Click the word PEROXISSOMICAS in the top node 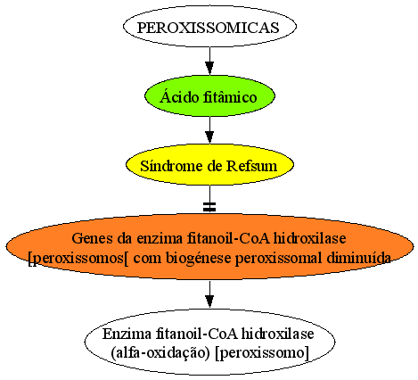(208, 28)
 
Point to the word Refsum (252, 166)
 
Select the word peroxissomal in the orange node (278, 259)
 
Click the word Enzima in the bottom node (127, 334)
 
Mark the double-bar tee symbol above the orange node (209, 207)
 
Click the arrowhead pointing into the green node (209, 69)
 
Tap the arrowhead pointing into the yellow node (209, 137)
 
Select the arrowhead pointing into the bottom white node (209, 302)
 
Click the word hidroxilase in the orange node (309, 238)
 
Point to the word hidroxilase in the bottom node (277, 334)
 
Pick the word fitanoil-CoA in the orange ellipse (228, 238)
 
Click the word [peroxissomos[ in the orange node (78, 259)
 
